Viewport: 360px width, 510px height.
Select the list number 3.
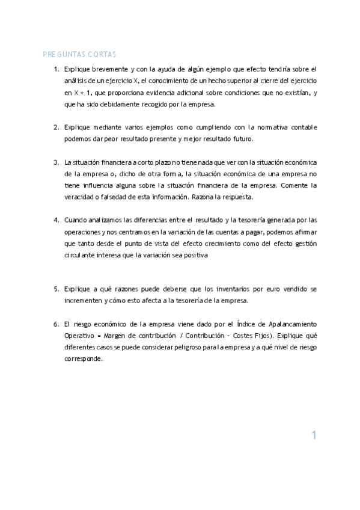click(x=56, y=162)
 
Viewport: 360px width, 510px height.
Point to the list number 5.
click(x=56, y=289)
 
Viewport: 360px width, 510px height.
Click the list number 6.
click(x=56, y=324)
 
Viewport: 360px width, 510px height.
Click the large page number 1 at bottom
click(x=314, y=435)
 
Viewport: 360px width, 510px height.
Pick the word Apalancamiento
click(x=292, y=324)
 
